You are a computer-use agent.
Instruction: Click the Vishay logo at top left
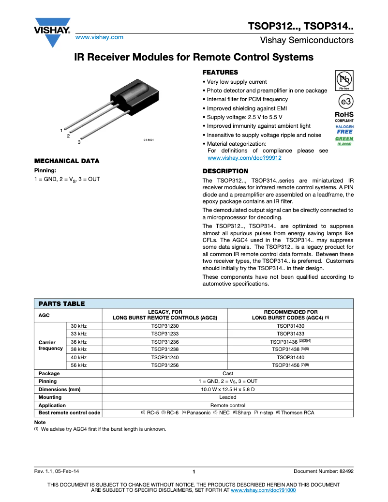click(52, 32)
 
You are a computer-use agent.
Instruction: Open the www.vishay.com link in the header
click(99, 37)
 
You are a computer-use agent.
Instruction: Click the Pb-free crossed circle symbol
click(344, 79)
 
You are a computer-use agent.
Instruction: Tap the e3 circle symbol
click(344, 102)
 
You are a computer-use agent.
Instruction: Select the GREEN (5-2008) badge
click(344, 140)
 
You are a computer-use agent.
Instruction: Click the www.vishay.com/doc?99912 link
click(244, 158)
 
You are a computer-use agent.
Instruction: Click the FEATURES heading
click(220, 72)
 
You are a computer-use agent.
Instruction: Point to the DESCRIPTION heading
click(225, 171)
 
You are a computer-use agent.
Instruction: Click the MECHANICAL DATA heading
click(66, 161)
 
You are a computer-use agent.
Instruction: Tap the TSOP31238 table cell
click(164, 349)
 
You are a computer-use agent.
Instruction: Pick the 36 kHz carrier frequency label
click(78, 341)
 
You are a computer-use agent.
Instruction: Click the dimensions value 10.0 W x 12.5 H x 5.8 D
click(227, 389)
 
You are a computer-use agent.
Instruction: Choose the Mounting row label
click(50, 397)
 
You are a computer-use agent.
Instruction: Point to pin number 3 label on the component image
click(78, 142)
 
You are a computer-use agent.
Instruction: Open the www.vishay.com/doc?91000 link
click(264, 490)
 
